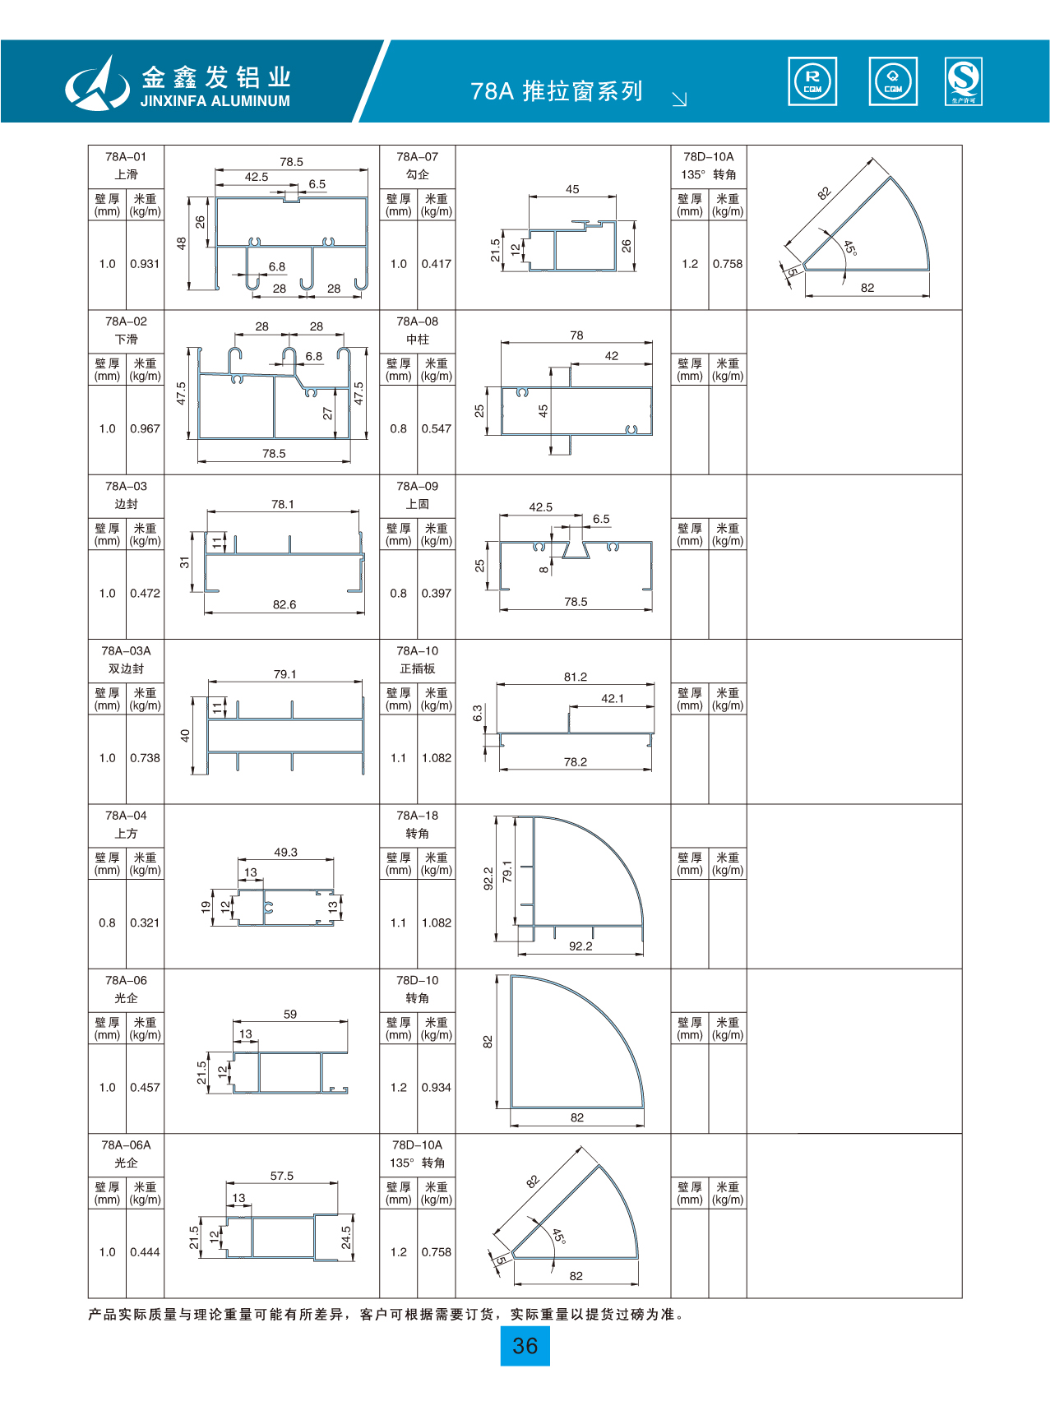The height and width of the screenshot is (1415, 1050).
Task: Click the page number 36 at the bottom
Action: (525, 1346)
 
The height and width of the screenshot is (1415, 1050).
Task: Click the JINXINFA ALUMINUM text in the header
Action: (215, 101)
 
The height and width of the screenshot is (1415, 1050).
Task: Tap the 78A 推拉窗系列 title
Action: (557, 91)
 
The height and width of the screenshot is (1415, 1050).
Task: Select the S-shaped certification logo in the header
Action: (964, 81)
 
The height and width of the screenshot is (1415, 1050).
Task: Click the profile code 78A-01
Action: (126, 156)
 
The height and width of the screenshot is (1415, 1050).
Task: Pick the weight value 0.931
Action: (145, 264)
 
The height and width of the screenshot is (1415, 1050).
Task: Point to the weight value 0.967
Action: (145, 428)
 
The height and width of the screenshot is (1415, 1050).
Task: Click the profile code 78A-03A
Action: (126, 650)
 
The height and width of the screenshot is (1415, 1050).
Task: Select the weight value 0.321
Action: (145, 923)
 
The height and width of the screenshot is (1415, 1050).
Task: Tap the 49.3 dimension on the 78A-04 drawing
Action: (285, 853)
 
